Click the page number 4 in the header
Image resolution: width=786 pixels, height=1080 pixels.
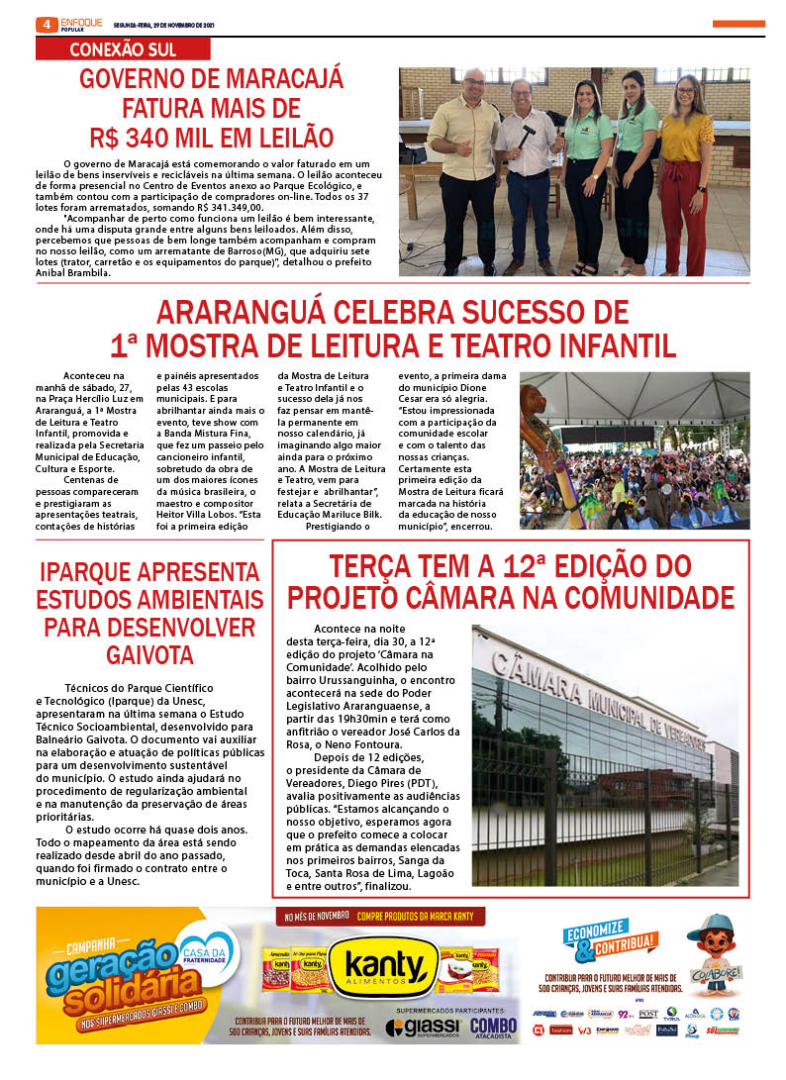click(46, 24)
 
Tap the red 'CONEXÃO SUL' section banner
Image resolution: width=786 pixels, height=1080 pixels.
click(123, 49)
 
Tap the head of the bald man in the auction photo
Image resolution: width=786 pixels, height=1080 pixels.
click(474, 82)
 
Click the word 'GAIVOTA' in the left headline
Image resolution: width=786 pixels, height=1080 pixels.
click(150, 654)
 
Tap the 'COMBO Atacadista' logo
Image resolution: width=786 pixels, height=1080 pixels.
click(493, 1028)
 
